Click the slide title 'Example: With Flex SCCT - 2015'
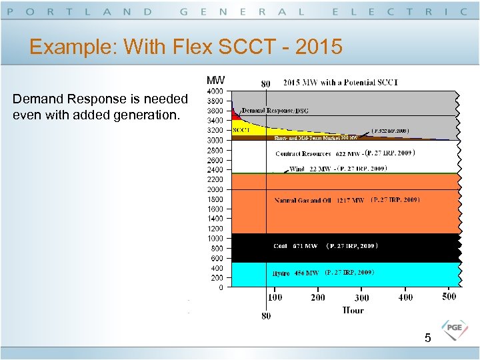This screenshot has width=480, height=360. click(x=186, y=47)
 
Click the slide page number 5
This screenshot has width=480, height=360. click(x=428, y=339)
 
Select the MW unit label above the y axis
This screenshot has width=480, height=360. click(x=215, y=80)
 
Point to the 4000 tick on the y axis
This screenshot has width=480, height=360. click(x=215, y=91)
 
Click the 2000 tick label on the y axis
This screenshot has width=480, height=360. click(x=215, y=189)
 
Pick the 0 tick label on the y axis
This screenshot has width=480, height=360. click(x=220, y=288)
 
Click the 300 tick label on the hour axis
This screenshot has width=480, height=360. click(x=361, y=298)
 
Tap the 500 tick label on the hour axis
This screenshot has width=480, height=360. click(x=449, y=297)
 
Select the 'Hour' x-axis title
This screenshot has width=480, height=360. click(x=353, y=310)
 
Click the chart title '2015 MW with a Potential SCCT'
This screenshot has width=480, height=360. click(x=340, y=83)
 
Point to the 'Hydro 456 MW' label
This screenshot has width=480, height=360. click(x=295, y=273)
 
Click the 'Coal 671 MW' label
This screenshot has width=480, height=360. click(x=295, y=247)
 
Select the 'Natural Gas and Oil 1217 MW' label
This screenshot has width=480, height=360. click(x=319, y=200)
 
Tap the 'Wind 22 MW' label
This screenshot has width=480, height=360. click(x=310, y=169)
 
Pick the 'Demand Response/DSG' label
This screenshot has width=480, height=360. click(x=275, y=110)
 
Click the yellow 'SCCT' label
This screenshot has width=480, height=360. click(x=241, y=131)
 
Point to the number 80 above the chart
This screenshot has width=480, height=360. click(x=265, y=84)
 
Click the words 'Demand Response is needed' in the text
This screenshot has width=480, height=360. click(x=100, y=99)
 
